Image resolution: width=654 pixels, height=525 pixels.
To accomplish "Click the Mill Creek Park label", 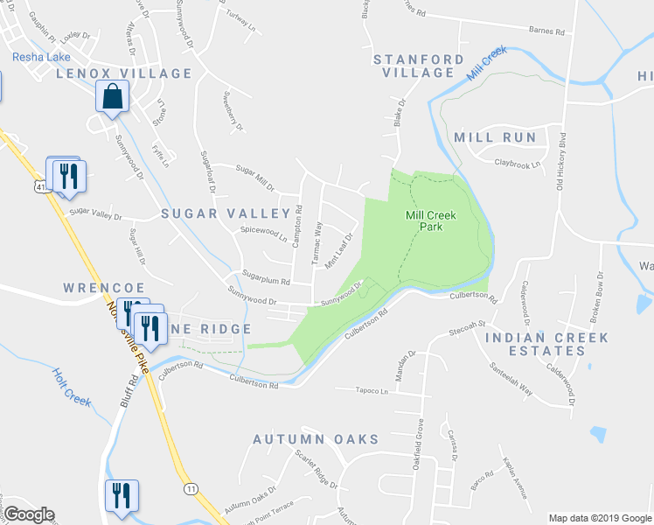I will pyautogui.click(x=424, y=220).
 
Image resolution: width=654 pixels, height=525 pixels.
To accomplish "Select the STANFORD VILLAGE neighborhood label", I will pyautogui.click(x=419, y=66).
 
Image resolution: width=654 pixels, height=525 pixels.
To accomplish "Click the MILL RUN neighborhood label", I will pyautogui.click(x=495, y=137).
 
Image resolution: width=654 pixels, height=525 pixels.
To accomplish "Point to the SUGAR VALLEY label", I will pyautogui.click(x=225, y=213).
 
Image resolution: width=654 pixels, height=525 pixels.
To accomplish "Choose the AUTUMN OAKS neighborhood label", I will pyautogui.click(x=316, y=439).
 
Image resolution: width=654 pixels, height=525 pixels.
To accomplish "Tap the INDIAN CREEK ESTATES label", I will pyautogui.click(x=535, y=344).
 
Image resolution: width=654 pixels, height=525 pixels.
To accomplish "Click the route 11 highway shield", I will pyautogui.click(x=190, y=488).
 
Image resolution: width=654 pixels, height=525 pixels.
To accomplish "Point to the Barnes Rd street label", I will pyautogui.click(x=546, y=30).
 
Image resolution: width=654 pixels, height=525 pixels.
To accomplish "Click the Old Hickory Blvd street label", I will pyautogui.click(x=560, y=161).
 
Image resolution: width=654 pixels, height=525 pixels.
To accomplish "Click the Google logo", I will pyautogui.click(x=29, y=514).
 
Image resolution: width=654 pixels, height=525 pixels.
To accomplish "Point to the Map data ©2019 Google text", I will pyautogui.click(x=598, y=517).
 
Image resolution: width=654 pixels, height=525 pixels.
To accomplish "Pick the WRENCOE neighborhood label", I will pyautogui.click(x=97, y=287).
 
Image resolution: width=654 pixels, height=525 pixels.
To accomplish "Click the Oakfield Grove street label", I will pyautogui.click(x=420, y=441).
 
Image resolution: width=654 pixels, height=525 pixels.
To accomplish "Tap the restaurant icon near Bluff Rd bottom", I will pyautogui.click(x=120, y=495).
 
